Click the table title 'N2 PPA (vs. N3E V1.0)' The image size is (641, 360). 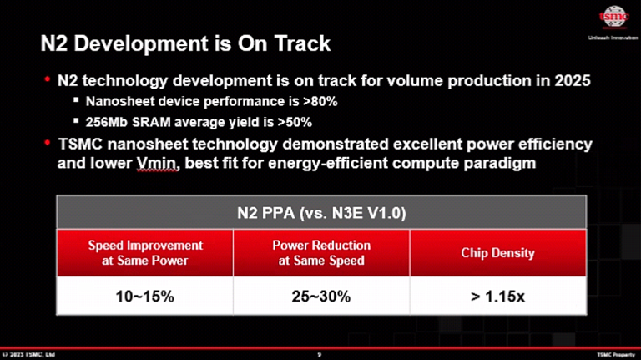pos(321,213)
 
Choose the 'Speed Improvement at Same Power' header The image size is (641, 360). pos(145,253)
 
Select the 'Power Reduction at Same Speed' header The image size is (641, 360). pos(321,253)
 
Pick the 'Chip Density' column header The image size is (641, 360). pos(497,253)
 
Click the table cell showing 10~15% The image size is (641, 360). pos(145,297)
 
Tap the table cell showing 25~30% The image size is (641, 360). pos(321,297)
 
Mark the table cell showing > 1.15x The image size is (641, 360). pos(497,297)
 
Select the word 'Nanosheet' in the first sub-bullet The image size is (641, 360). pos(117,102)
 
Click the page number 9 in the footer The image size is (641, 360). pos(320,354)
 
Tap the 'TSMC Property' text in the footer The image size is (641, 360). pos(614,354)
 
